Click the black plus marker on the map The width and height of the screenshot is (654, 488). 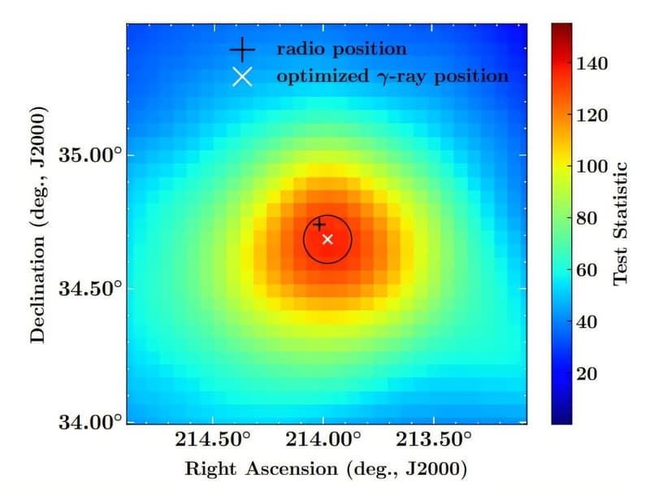coord(319,224)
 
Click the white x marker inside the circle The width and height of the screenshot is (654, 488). coord(327,239)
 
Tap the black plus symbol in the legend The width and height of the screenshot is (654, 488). coord(241,50)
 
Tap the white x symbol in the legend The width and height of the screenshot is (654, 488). coord(242,77)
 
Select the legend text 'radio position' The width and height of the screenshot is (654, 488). coord(341,49)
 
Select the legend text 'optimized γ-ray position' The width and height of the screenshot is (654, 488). coord(392,77)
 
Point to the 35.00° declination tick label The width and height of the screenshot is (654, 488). coord(93,155)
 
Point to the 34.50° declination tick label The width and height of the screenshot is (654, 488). coord(93,289)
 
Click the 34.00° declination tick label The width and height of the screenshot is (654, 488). coord(93,422)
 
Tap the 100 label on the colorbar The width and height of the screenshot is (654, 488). coord(591,167)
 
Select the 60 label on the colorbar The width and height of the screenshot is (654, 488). coord(587,270)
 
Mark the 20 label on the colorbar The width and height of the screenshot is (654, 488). coord(587,373)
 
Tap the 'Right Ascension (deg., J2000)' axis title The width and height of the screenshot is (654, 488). coord(326,469)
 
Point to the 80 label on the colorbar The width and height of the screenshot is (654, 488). coord(587,218)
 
